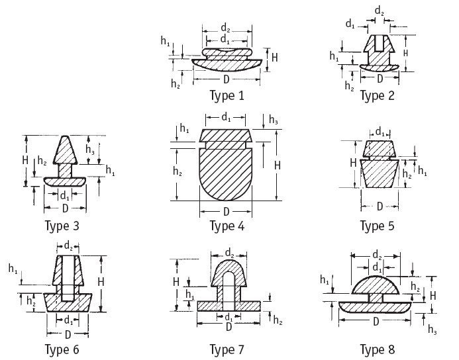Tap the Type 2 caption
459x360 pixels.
point(377,96)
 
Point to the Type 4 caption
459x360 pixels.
point(227,226)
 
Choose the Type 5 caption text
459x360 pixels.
point(377,226)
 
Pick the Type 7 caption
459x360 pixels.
point(227,349)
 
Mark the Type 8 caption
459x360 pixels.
point(377,349)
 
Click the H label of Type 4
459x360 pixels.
point(278,165)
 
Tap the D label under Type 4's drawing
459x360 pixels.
point(227,211)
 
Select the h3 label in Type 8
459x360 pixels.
point(432,329)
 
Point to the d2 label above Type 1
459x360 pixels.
point(227,28)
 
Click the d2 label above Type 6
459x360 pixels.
point(68,246)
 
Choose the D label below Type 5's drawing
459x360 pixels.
point(379,206)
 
